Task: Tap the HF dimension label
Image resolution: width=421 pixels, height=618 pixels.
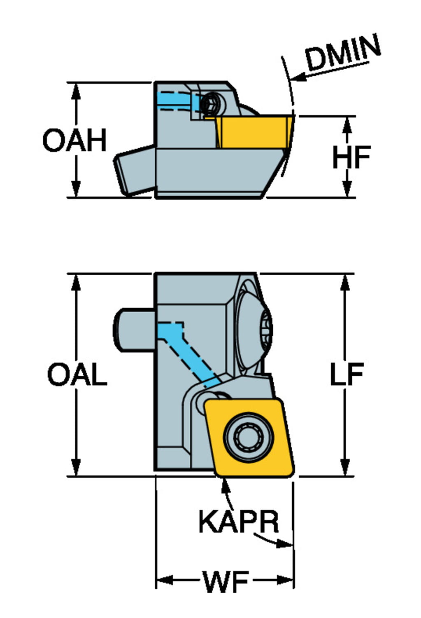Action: point(351,157)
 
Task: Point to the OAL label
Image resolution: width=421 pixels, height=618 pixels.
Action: point(77,375)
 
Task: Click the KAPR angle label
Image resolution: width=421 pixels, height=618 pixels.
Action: point(238,521)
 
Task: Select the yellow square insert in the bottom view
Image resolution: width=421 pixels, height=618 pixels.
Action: point(249,437)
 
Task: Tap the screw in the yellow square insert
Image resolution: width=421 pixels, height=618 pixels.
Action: point(249,437)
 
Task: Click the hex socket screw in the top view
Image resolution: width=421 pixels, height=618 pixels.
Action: point(211,104)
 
